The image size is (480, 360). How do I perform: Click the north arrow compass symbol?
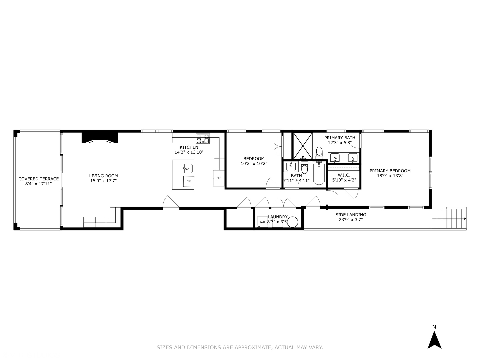tap(434, 340)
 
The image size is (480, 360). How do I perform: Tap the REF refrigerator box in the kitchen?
tap(219, 178)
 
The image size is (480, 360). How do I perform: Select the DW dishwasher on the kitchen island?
tap(189, 181)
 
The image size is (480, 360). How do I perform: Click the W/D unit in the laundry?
tap(262, 222)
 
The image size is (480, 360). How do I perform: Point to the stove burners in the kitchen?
tap(203, 138)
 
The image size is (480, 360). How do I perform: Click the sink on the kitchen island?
tap(188, 168)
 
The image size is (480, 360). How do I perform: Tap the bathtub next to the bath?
tap(319, 173)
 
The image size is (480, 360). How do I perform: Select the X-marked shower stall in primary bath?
tap(303, 146)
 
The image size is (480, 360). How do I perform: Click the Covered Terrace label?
tap(38, 179)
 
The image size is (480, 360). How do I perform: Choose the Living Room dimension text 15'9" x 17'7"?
tap(103, 181)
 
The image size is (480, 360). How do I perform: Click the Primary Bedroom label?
tap(390, 171)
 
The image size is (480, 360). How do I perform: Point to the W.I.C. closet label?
tap(344, 175)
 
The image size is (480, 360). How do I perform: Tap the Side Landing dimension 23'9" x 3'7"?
tap(351, 220)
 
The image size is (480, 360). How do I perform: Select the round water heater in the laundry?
tap(293, 222)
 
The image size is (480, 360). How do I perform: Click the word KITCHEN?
tap(189, 147)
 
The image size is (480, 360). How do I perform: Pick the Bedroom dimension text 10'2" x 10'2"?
tap(254, 164)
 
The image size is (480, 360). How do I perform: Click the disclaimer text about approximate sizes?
tap(240, 347)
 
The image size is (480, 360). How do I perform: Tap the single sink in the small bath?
tap(291, 166)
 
